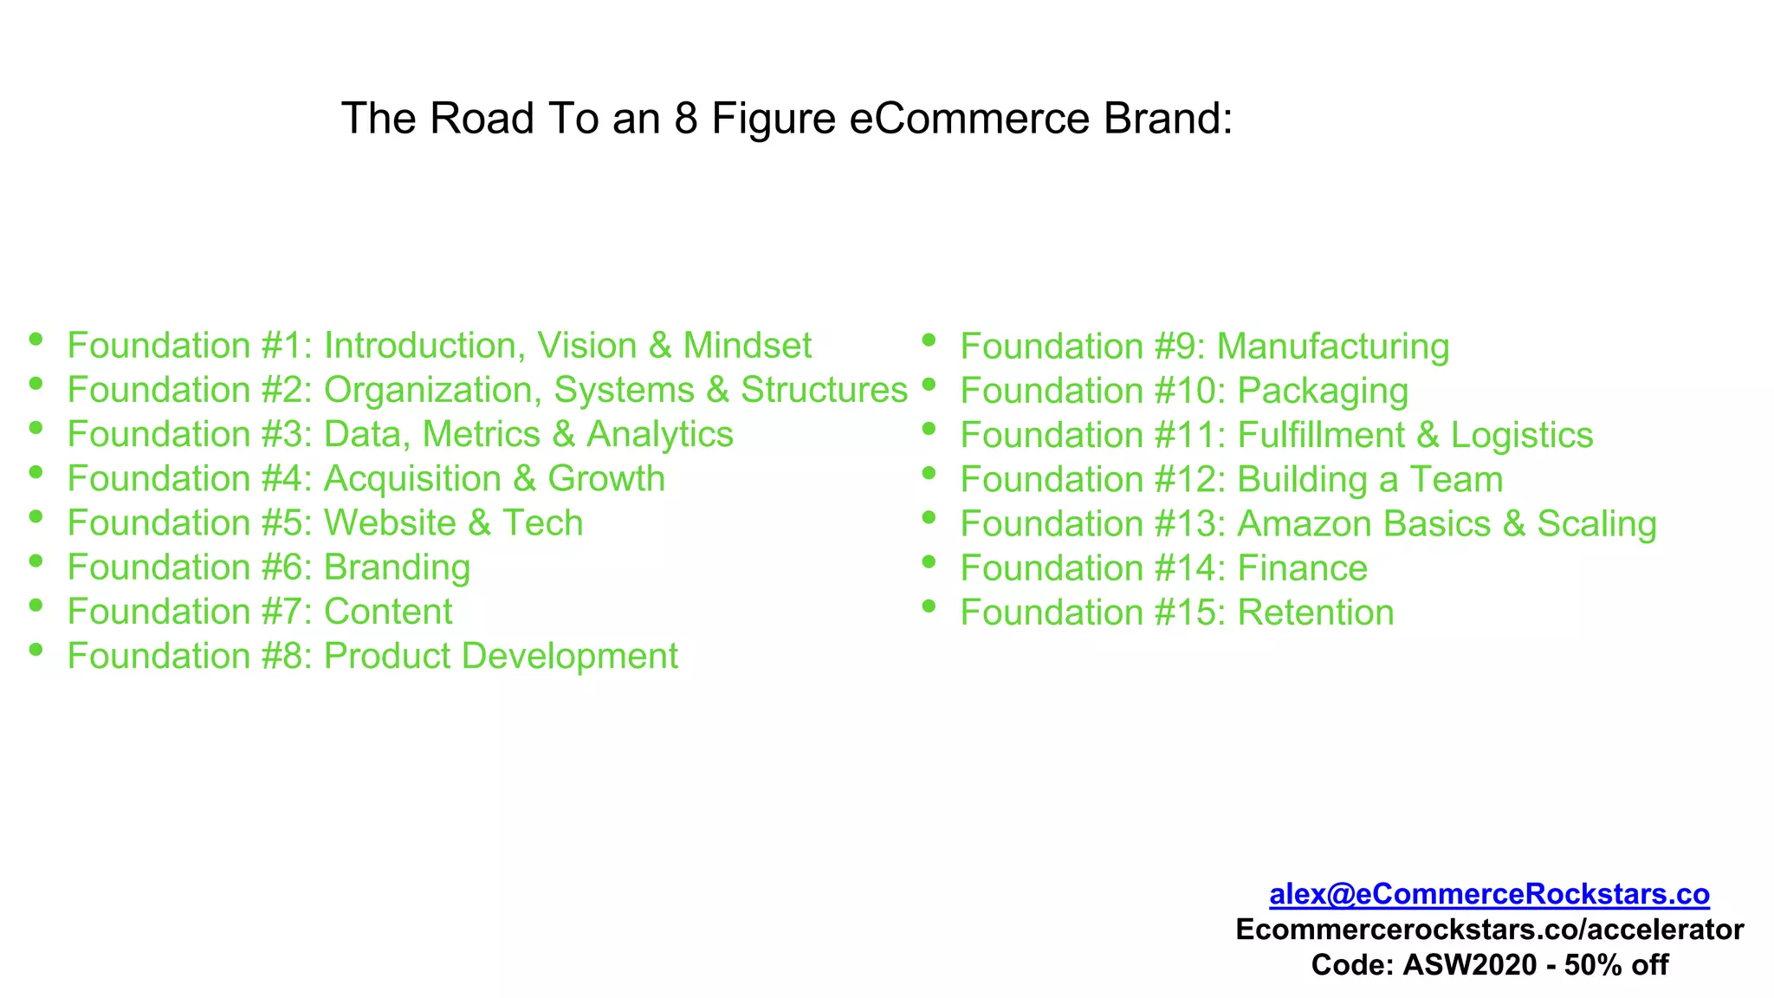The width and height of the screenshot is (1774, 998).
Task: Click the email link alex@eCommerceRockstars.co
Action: pos(1489,894)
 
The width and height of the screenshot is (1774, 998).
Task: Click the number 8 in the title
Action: pos(686,119)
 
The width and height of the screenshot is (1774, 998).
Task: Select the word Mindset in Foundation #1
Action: pos(747,346)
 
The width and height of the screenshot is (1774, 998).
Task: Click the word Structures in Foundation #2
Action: pos(824,390)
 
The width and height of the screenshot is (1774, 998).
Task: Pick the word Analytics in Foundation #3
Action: pos(659,434)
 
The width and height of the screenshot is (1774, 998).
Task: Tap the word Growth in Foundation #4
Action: pos(606,479)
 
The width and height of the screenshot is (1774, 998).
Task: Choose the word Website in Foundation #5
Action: pos(390,523)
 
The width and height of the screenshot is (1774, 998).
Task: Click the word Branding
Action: pos(397,568)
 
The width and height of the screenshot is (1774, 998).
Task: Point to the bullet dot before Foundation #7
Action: pos(36,605)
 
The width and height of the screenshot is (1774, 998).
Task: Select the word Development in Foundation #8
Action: pos(569,657)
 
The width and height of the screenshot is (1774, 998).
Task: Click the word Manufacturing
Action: pos(1333,347)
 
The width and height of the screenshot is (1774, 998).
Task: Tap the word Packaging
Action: pos(1323,391)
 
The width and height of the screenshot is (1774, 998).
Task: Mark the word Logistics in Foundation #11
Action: pos(1522,435)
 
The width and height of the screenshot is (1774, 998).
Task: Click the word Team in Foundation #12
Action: pos(1456,480)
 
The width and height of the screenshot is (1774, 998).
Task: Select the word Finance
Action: pos(1302,568)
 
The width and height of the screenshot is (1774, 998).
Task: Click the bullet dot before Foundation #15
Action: pos(929,606)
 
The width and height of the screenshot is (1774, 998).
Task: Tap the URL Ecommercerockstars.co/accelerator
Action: pos(1489,930)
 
